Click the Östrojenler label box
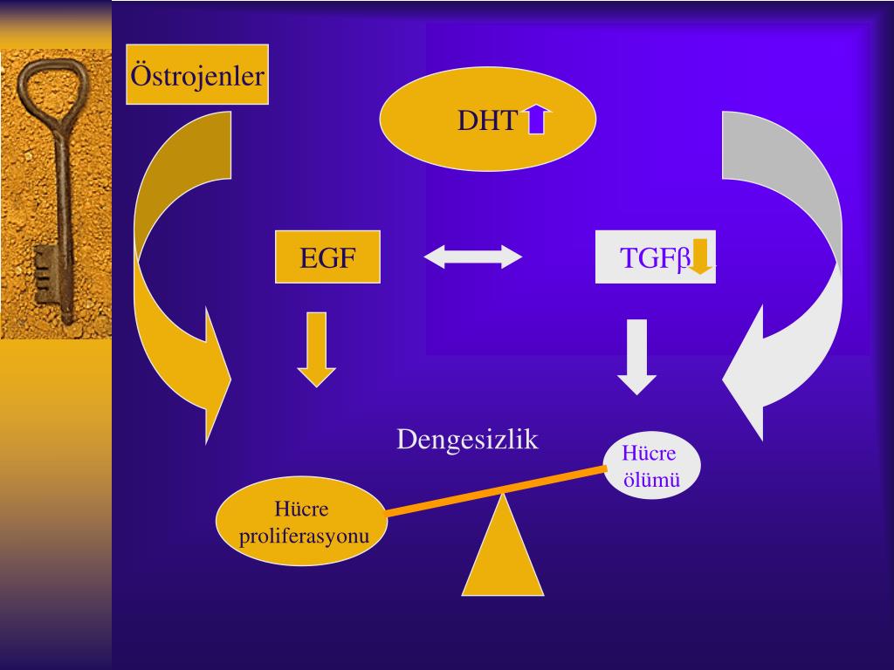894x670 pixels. [197, 75]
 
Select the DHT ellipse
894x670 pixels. [487, 120]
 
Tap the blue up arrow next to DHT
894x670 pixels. [537, 120]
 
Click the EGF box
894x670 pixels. [327, 257]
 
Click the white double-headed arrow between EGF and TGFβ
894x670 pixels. [472, 256]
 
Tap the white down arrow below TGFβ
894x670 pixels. [636, 356]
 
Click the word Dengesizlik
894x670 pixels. [467, 439]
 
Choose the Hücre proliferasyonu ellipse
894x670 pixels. [301, 522]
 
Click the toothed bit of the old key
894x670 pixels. [45, 275]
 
